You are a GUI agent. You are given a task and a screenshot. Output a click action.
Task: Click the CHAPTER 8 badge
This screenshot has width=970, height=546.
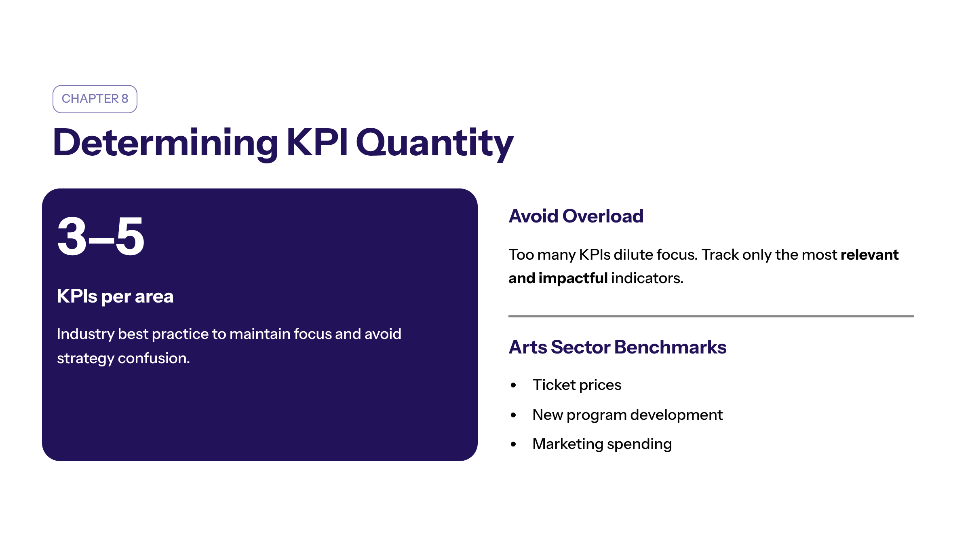(95, 99)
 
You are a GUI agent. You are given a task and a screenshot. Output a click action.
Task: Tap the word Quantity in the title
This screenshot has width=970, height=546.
(435, 144)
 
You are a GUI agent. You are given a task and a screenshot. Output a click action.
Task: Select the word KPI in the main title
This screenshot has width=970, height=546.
(317, 142)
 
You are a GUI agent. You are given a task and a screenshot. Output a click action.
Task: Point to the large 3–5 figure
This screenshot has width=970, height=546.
(101, 236)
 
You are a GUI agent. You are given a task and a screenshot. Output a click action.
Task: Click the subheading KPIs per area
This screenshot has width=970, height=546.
(115, 296)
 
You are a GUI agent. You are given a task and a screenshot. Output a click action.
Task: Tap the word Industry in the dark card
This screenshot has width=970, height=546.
(86, 334)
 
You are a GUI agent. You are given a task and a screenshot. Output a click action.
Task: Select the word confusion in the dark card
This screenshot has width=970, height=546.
(154, 358)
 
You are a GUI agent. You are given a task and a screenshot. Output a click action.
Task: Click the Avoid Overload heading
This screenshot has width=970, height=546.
(576, 216)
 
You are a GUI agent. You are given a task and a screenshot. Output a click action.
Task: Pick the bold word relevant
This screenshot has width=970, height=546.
(870, 255)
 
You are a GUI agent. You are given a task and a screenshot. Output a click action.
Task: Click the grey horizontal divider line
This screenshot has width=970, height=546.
(711, 316)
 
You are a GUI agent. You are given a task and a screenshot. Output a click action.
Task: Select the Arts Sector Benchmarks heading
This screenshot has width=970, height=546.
(618, 347)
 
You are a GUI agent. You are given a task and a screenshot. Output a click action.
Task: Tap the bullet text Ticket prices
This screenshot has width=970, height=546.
(577, 385)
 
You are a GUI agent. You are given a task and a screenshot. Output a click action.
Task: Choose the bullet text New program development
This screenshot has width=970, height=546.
(628, 415)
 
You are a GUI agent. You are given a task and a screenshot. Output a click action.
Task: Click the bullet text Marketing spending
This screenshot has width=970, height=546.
(602, 444)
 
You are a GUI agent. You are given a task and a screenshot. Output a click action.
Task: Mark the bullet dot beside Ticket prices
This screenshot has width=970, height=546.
(513, 385)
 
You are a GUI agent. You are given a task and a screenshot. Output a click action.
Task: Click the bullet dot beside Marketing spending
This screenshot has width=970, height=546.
(513, 444)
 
